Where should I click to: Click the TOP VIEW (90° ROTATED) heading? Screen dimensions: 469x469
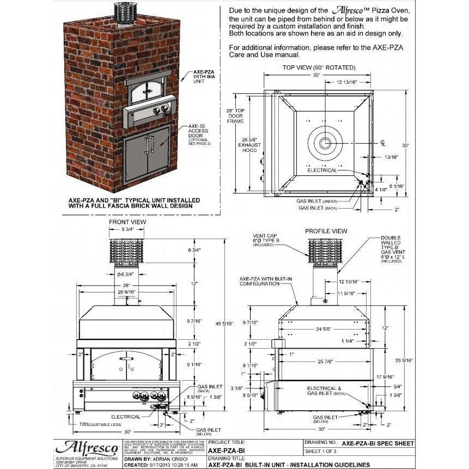tap(319, 68)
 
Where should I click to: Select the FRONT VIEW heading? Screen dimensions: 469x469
tap(127, 222)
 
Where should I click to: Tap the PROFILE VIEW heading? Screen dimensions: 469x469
tap(326, 231)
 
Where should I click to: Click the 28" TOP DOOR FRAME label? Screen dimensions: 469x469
tap(235, 115)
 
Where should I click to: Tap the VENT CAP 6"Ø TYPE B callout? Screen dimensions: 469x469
tap(266, 240)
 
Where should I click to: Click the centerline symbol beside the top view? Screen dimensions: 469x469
tap(383, 143)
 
